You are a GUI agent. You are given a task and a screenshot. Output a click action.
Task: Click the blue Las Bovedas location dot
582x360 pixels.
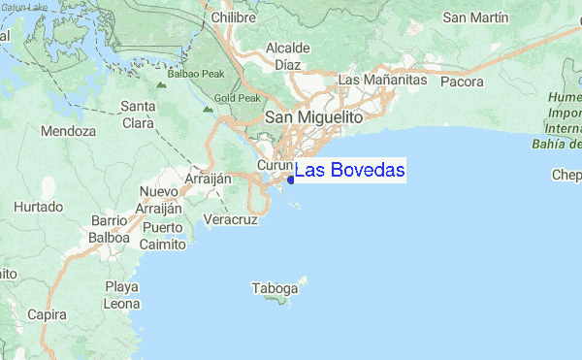[x=291, y=179]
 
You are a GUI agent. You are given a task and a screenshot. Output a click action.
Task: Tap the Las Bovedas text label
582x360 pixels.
[x=349, y=171]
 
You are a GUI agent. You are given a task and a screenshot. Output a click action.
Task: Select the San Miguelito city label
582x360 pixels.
[x=313, y=116]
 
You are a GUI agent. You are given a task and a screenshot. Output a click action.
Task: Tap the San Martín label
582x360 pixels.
[x=475, y=17]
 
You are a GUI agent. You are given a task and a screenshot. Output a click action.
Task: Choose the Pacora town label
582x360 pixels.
[x=461, y=82]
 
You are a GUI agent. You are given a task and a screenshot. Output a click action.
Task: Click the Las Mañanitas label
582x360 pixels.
[x=382, y=80]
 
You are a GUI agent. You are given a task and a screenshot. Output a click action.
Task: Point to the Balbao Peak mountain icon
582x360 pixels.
[x=161, y=85]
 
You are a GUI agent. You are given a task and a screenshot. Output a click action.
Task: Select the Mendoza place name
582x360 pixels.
[x=69, y=130]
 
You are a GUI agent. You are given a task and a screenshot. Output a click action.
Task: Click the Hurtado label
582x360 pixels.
[x=38, y=207]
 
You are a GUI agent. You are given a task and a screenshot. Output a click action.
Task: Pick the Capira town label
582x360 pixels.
[x=48, y=315]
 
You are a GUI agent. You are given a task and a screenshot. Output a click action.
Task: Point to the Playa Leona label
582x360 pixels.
[x=122, y=295]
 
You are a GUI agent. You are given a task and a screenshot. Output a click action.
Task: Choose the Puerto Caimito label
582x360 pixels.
[x=163, y=236]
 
